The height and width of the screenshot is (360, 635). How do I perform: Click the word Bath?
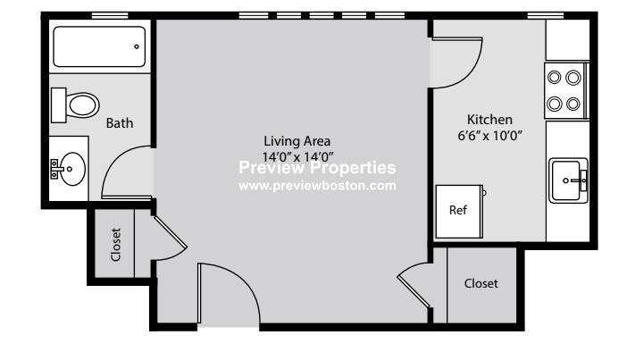(120, 123)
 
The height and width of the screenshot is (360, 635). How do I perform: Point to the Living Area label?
(297, 140)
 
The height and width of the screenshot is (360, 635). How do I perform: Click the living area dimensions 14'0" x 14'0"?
(297, 155)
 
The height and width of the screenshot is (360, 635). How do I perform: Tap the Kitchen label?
(489, 120)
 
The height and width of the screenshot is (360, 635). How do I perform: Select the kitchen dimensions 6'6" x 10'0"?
(489, 136)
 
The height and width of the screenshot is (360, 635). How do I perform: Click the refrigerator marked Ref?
(458, 211)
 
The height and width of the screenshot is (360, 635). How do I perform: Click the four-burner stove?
(564, 90)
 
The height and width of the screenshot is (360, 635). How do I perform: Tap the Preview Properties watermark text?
(317, 168)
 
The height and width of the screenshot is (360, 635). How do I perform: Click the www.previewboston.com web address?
(317, 187)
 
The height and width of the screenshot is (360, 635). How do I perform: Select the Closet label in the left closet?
(115, 244)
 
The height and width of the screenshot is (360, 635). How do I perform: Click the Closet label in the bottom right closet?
(481, 283)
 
